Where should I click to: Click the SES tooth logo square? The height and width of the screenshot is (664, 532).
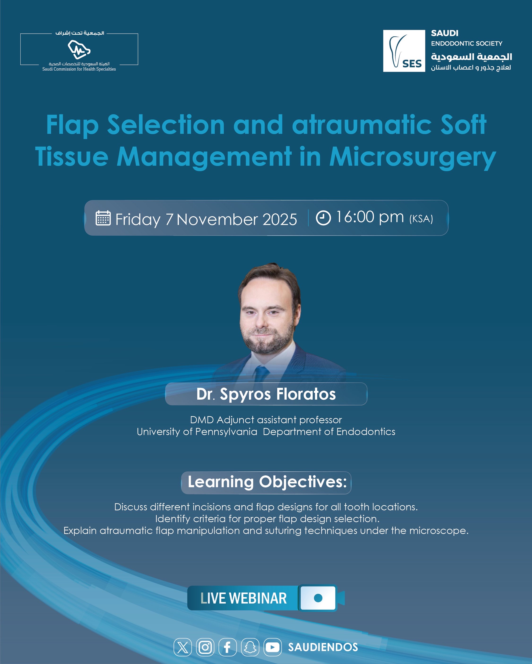[x=404, y=51]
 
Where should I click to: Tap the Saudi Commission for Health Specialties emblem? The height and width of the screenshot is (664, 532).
[x=79, y=50]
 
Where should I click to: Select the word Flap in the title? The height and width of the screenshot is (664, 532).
[x=72, y=125]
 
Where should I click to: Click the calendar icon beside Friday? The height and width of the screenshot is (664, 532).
[x=103, y=218]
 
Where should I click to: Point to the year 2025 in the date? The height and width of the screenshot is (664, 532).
[x=280, y=219]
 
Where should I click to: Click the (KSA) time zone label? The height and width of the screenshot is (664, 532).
[x=421, y=219]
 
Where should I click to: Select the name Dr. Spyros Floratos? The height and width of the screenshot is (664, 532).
[x=266, y=394]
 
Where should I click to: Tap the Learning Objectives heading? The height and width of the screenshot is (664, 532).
[x=267, y=482]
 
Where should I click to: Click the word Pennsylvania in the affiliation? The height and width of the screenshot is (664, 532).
[x=226, y=432]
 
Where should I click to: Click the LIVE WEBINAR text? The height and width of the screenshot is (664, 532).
[x=243, y=598]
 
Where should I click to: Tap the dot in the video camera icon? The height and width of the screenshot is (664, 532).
[x=318, y=598]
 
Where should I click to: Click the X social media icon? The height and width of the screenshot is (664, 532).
[x=183, y=647]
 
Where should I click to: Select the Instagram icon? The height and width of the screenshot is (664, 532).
[x=205, y=647]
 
